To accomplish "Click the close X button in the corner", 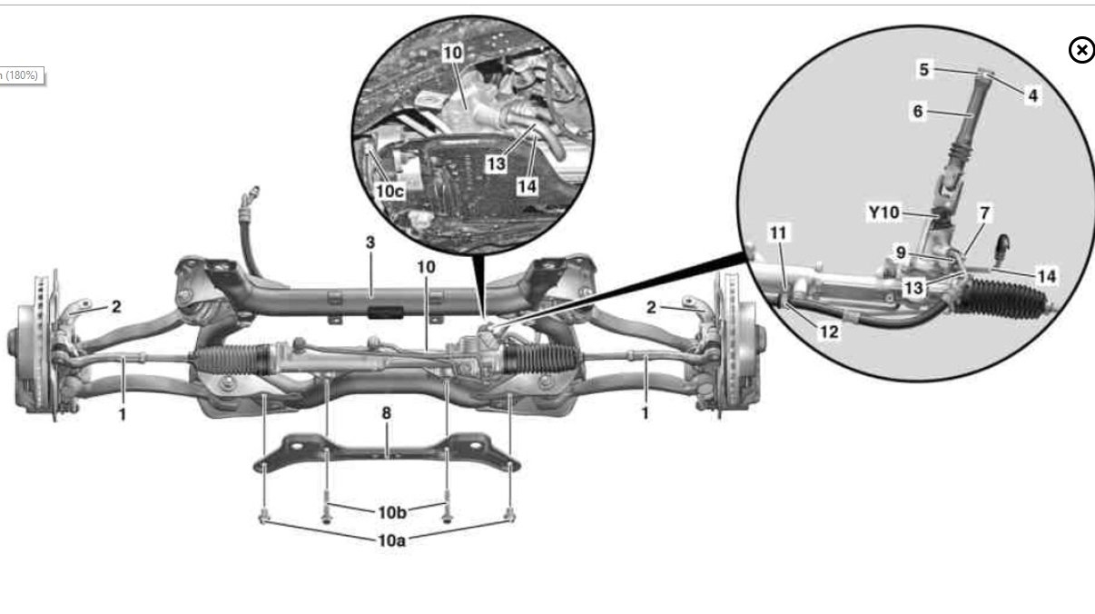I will click(1081, 50).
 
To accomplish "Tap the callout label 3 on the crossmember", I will click(370, 243).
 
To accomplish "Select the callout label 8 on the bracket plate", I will click(387, 413).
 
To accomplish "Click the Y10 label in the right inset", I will click(883, 213).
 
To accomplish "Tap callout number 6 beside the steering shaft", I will click(917, 111).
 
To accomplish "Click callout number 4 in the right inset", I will click(1032, 94).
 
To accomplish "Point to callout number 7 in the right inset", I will click(984, 213).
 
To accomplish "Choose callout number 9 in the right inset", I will click(901, 253).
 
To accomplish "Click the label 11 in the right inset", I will click(778, 233).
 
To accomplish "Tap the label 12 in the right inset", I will click(828, 332).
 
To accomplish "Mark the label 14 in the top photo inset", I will click(526, 185).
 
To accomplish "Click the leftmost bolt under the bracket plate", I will click(262, 518).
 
